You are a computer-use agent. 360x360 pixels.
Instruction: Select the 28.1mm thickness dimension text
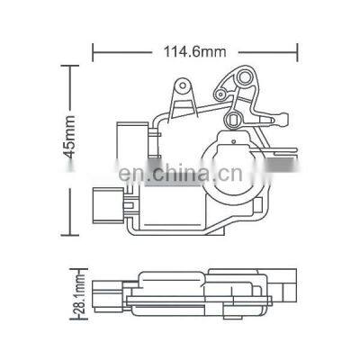tap(80, 292)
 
